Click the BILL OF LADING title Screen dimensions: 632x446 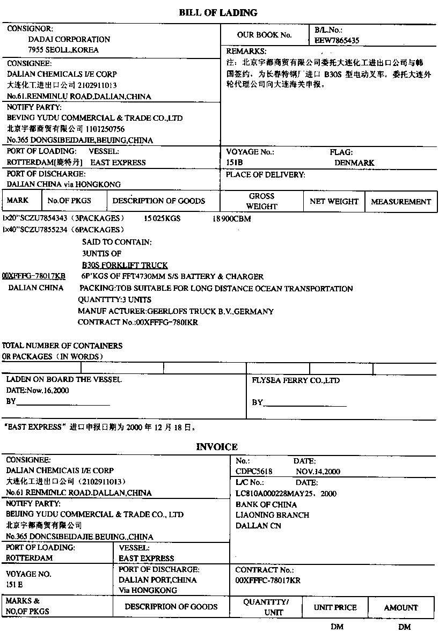[x=218, y=12]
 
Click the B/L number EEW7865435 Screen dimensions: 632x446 [x=337, y=40]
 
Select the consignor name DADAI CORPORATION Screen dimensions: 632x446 [x=69, y=39]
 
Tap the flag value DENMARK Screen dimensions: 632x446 [x=354, y=163]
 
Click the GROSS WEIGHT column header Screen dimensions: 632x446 [x=262, y=201]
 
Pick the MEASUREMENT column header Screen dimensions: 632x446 [x=401, y=202]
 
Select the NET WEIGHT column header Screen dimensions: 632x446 [x=334, y=202]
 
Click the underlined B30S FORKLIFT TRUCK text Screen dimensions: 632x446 [x=125, y=265]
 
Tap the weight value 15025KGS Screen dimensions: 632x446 [x=162, y=219]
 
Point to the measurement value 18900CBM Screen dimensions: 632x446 [x=231, y=219]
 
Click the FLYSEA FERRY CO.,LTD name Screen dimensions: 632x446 [x=296, y=380]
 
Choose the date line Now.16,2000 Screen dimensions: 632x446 [x=38, y=391]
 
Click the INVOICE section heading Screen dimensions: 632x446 [x=217, y=446]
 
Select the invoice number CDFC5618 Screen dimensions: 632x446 [x=254, y=472]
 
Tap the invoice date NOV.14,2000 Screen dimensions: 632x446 [x=318, y=472]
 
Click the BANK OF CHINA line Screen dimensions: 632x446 [x=266, y=504]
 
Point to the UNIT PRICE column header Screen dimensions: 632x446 [x=335, y=607]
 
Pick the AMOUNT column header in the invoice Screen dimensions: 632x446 [x=401, y=607]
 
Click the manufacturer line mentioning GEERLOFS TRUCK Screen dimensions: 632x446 [x=176, y=311]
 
